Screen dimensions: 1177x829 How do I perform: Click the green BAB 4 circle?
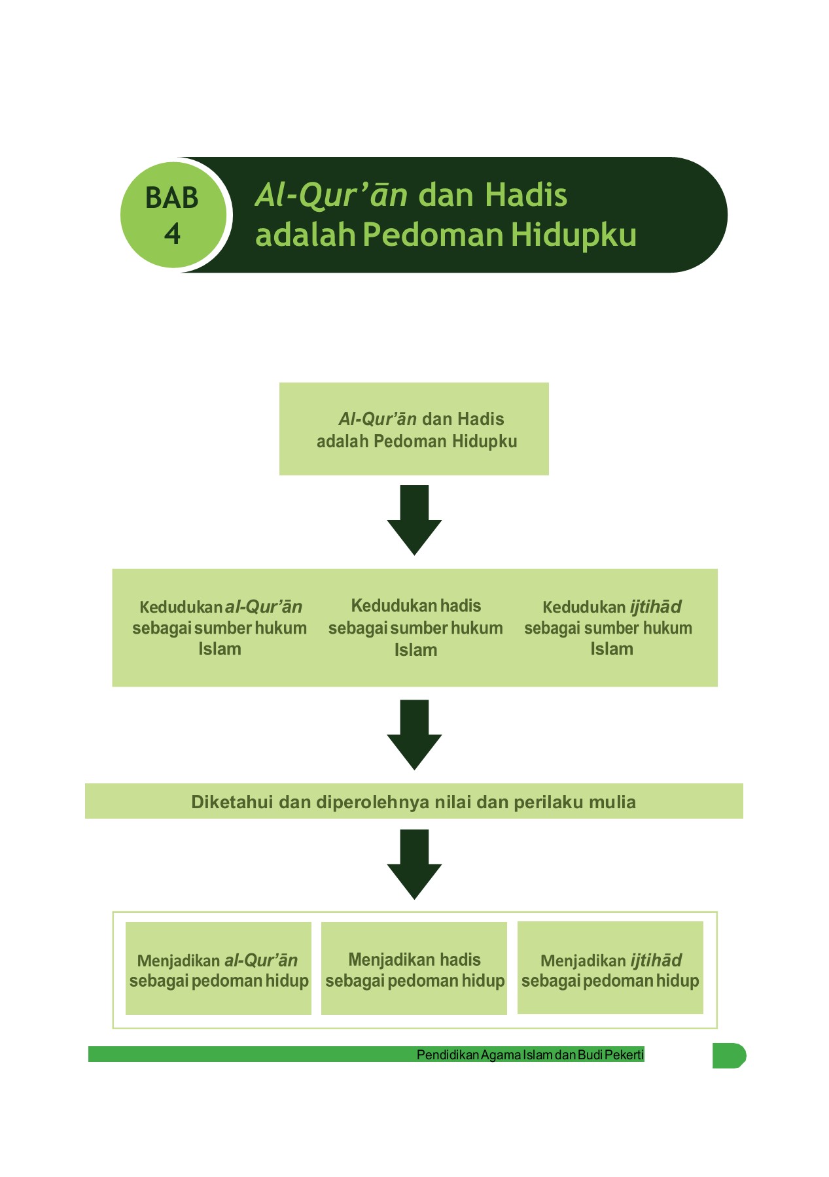click(x=173, y=214)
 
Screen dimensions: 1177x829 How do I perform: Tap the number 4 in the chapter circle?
click(x=172, y=234)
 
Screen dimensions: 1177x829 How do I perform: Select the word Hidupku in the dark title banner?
click(x=573, y=235)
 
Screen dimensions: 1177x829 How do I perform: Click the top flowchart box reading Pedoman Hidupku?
click(x=414, y=429)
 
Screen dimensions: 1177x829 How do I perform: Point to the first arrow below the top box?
click(x=414, y=520)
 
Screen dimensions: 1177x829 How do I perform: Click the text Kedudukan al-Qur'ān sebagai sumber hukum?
click(x=220, y=628)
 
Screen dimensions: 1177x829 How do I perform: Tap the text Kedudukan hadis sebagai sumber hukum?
click(x=415, y=628)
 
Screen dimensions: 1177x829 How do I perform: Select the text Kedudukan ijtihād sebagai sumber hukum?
click(x=610, y=628)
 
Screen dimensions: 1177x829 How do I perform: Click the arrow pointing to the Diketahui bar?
click(x=414, y=734)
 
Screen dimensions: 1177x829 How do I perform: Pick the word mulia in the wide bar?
click(x=612, y=802)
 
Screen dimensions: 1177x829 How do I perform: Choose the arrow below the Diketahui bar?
click(x=414, y=864)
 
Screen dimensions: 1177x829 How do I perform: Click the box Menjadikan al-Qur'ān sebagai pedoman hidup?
click(x=219, y=968)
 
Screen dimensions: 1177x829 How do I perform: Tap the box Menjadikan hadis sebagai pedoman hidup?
click(x=414, y=968)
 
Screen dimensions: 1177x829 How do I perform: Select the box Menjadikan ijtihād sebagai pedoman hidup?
click(x=610, y=968)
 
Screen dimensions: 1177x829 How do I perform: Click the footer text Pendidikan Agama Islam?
click(x=484, y=1055)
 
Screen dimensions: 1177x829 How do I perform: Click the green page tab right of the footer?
click(x=728, y=1055)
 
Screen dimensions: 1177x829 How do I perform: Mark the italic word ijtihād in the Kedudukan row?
click(x=656, y=607)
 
